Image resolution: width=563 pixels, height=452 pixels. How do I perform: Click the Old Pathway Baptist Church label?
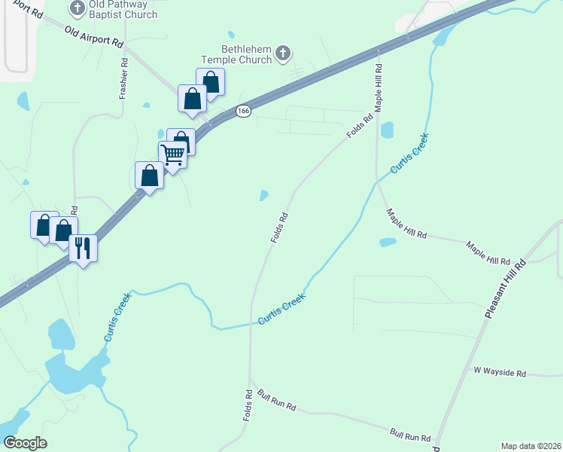click(123, 9)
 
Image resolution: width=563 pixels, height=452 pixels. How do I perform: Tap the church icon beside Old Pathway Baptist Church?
click(78, 8)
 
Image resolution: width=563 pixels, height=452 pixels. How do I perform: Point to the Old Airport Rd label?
click(94, 38)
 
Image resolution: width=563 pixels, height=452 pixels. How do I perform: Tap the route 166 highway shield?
click(242, 111)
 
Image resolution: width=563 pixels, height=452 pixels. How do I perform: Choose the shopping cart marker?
click(173, 155)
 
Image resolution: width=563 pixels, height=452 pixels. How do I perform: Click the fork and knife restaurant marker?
click(83, 247)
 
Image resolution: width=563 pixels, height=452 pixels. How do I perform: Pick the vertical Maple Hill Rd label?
click(379, 88)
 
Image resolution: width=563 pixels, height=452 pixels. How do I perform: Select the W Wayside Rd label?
click(500, 372)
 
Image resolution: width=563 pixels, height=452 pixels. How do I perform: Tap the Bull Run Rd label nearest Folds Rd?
click(277, 400)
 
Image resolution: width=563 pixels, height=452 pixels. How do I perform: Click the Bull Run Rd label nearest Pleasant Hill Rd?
click(410, 435)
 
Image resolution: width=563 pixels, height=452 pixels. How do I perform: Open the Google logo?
click(25, 443)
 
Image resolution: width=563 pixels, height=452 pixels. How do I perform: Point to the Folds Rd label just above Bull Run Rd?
click(247, 405)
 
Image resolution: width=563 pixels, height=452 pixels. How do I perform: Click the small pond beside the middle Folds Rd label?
click(263, 195)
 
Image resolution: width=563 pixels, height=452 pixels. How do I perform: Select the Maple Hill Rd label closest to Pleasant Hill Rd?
click(488, 253)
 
